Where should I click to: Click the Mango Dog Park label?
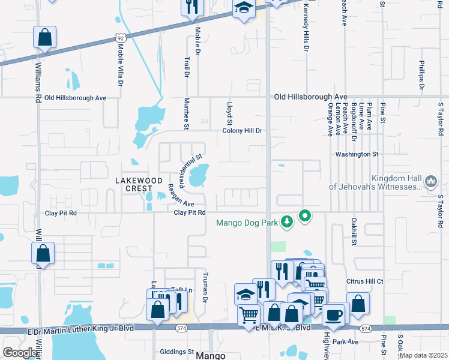247,223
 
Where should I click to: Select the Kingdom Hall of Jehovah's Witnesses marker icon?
430,181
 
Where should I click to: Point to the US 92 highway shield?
121,38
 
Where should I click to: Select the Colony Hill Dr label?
243,130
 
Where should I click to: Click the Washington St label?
357,154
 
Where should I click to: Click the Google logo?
20,353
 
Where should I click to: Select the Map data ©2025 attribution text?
424,355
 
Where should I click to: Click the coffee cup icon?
334,314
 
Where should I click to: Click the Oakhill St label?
354,232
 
